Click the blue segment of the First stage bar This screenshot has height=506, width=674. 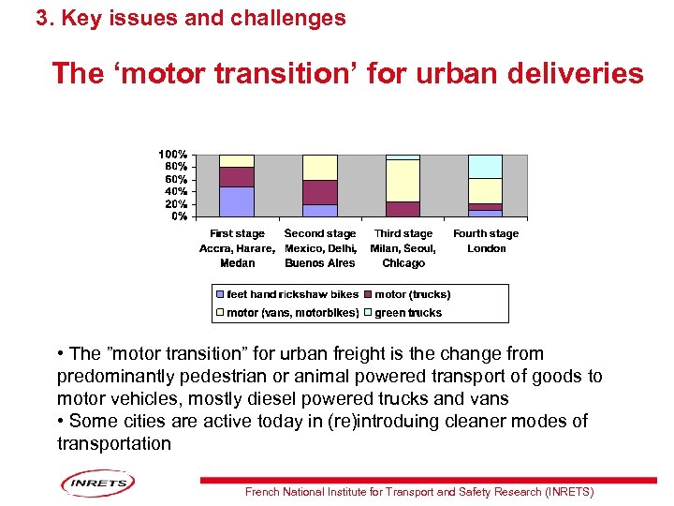[x=237, y=201]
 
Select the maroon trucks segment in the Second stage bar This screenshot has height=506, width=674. [x=320, y=192]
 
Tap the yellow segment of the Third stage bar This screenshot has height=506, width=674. [x=403, y=181]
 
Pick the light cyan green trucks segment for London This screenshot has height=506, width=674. [x=486, y=166]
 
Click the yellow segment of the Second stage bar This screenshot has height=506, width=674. [x=320, y=167]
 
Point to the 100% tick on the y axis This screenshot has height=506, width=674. [x=172, y=154]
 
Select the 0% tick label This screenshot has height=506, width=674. [x=178, y=216]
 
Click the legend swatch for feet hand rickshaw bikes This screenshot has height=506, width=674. [x=221, y=294]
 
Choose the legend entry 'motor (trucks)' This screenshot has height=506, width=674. [x=412, y=294]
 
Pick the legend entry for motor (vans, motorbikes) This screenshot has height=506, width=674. [x=293, y=313]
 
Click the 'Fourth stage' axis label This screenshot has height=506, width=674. [x=486, y=233]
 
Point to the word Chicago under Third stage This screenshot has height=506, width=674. [x=403, y=263]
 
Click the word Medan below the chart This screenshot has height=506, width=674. [x=237, y=263]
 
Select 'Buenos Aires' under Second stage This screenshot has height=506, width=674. [x=320, y=263]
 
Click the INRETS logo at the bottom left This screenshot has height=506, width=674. [x=98, y=484]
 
